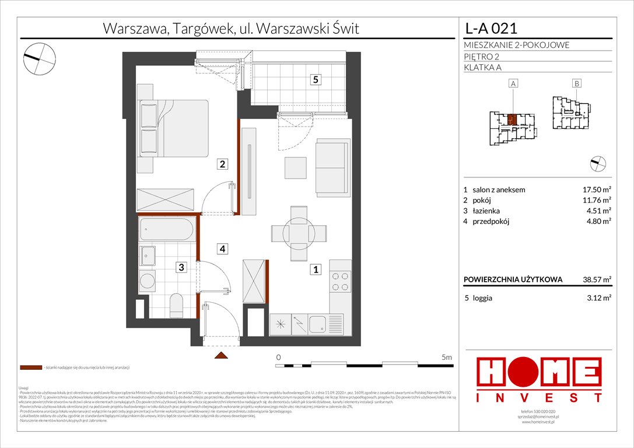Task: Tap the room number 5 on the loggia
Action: tap(315, 80)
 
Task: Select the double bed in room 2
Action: tap(173, 129)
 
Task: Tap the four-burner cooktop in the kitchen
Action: tap(340, 282)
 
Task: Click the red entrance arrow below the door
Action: tap(220, 355)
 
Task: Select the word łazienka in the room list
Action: tap(487, 211)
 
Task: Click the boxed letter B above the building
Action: tap(576, 84)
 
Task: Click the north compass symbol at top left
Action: tap(40, 57)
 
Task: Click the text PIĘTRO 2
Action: tap(483, 57)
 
